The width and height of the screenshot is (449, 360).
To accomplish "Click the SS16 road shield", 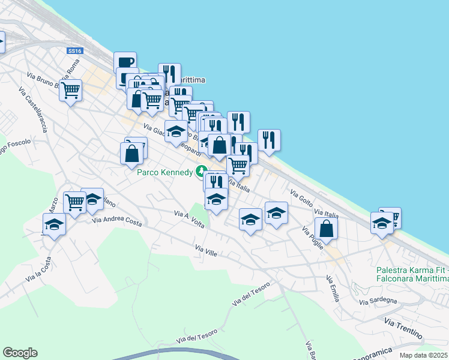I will coord(74,52).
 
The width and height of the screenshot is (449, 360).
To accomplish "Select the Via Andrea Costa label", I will coord(117,221).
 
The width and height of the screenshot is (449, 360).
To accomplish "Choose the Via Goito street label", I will coord(301,199).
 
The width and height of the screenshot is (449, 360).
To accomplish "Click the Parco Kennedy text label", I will coord(165,172).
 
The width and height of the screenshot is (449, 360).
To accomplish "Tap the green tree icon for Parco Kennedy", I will coord(202,172).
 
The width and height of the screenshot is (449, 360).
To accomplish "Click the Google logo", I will coord(20,353).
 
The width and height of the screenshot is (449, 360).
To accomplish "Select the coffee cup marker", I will coord(125,62).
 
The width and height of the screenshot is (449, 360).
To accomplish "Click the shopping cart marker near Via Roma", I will coord(71,91).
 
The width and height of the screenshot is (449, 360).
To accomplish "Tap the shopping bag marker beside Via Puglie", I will coord(326,228).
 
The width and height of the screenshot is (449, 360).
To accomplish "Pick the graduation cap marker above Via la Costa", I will coord(55,225).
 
